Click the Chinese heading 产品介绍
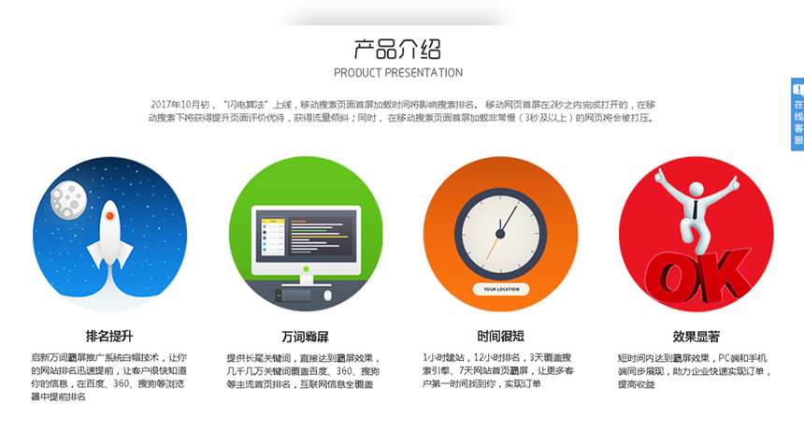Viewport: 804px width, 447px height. (397, 50)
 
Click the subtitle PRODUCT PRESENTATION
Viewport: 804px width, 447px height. (398, 73)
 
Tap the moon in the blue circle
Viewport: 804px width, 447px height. (68, 200)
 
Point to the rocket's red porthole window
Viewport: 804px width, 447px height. (109, 216)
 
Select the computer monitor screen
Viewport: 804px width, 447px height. (306, 236)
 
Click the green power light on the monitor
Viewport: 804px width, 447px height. (306, 269)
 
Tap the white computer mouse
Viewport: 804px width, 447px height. (327, 296)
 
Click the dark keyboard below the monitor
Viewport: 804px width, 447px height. (293, 296)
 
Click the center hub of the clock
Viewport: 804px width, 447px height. (500, 235)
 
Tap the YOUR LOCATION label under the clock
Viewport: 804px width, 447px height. (501, 290)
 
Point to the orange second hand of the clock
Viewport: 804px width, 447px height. (493, 248)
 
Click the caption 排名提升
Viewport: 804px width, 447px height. (109, 337)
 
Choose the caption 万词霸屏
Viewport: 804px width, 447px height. (305, 337)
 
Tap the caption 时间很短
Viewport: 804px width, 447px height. (500, 337)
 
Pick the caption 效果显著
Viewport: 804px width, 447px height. (696, 337)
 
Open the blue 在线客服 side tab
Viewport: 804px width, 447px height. (797, 114)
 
